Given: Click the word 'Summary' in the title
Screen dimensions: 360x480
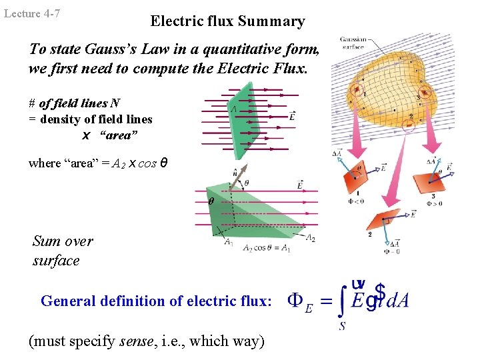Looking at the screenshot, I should click(x=274, y=21).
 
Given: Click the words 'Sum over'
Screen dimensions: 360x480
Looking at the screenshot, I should click(x=63, y=241).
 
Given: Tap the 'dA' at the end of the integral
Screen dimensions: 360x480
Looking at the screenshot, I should click(x=398, y=301).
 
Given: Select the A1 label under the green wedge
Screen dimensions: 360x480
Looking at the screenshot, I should click(x=229, y=242).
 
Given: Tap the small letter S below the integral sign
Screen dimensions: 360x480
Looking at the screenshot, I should click(x=341, y=326).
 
